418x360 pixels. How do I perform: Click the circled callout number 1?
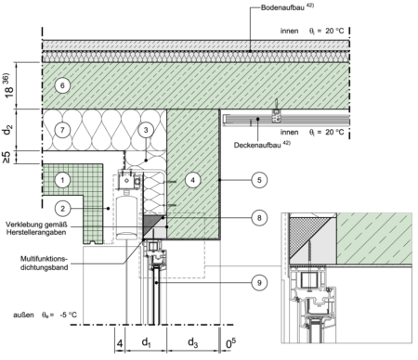[62, 180]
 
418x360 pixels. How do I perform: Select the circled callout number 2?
[62, 209]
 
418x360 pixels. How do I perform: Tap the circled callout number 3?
[146, 130]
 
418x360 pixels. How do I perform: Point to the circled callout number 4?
[193, 180]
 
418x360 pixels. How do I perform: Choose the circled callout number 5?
[259, 180]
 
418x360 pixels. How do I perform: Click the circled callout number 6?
[62, 85]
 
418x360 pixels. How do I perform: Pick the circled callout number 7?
[62, 130]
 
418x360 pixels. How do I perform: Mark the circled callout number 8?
[259, 218]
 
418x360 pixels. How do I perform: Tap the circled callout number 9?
[259, 282]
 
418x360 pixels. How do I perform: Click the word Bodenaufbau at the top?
[282, 7]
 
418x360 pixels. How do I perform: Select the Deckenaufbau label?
[257, 145]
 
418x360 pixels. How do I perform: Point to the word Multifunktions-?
[44, 259]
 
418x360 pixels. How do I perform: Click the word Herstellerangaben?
[36, 232]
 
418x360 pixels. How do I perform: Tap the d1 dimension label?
[146, 342]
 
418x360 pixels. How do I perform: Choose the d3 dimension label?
[193, 342]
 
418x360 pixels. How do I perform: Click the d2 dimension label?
[8, 130]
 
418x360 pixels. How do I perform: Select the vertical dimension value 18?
[8, 90]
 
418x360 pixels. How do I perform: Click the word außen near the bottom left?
[23, 315]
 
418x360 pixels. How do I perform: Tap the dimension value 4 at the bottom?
[120, 343]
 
